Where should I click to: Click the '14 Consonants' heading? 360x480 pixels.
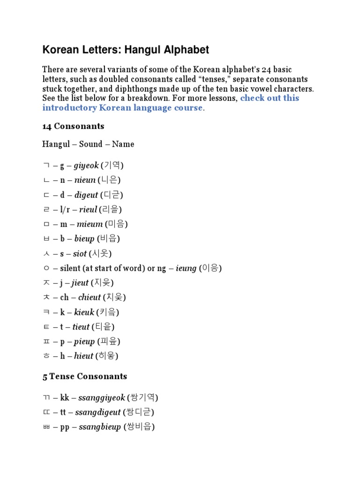[x=73, y=127]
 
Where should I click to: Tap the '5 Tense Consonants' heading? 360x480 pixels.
[x=84, y=376]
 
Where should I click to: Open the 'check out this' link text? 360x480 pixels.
[x=270, y=98]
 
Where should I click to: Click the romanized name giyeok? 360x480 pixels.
[x=86, y=165]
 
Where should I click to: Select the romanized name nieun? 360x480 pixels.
[x=84, y=180]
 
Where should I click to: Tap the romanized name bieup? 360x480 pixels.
[x=84, y=239]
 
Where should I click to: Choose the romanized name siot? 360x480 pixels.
[x=80, y=254]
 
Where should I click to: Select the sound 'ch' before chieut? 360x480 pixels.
[x=64, y=297]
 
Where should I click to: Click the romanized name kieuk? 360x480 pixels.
[x=84, y=312]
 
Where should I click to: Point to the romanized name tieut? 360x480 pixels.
[x=81, y=327]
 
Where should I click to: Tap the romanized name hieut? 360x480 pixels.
[x=83, y=356]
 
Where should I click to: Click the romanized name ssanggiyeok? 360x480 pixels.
[x=102, y=398]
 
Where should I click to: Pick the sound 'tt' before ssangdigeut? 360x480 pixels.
[x=64, y=412]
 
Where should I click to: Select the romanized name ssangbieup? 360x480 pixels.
[x=100, y=427]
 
